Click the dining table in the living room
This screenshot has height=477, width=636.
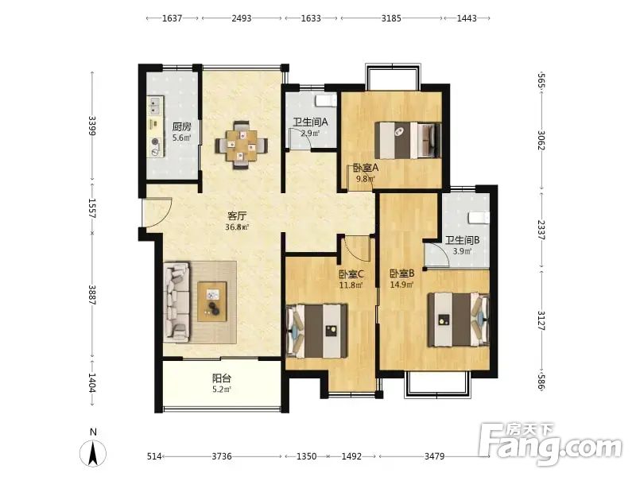pos(242,145)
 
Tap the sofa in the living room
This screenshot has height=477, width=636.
pos(176,301)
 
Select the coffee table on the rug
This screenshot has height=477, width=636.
pos(212,301)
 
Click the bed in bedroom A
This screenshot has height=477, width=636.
pos(408,140)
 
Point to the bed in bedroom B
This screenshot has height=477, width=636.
pos(459,320)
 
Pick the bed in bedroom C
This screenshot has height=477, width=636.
pos(316,331)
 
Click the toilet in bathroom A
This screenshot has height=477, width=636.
pos(327,100)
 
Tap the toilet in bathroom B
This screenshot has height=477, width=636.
pos(479,217)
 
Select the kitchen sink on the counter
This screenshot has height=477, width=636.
pos(155,106)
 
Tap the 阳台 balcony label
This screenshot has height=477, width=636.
pos(222,378)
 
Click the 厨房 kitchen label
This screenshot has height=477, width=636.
pos(181,126)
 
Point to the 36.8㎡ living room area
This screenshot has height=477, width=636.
pos(237,227)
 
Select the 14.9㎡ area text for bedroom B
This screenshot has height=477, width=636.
pos(401,285)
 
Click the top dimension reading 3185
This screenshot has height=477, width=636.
pos(391,18)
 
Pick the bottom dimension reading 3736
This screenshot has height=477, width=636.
pos(222,456)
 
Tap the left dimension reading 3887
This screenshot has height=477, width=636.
pos(92,295)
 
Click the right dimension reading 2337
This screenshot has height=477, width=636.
pos(541,230)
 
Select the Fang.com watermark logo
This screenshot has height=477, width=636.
pos(550,444)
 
